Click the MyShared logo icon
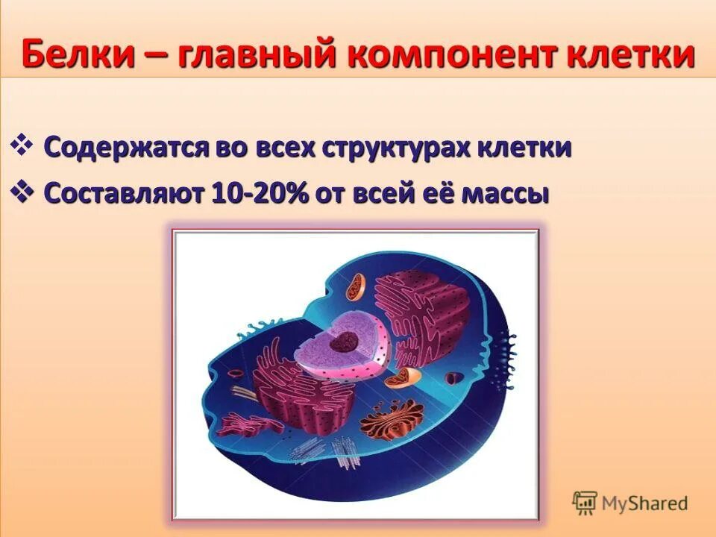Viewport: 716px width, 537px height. [x=585, y=503]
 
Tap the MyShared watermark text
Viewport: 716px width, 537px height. [x=644, y=504]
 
